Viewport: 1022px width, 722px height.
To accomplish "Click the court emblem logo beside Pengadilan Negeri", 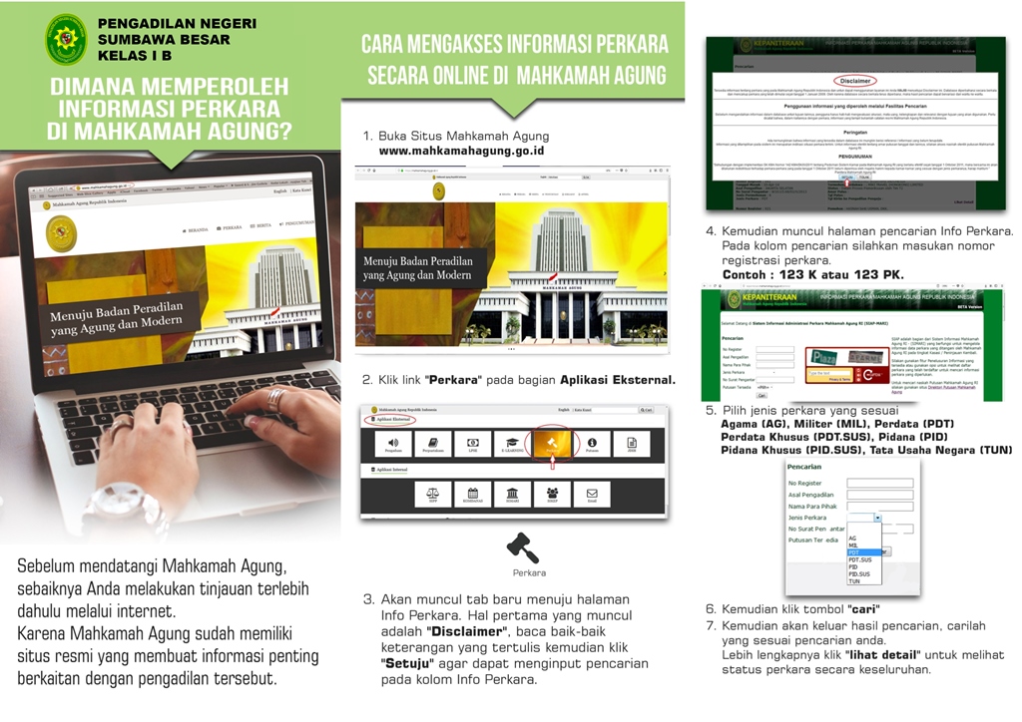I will pos(66,39).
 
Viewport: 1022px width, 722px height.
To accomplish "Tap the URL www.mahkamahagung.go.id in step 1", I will pos(461,152).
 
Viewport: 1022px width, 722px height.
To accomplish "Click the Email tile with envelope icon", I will pos(591,494).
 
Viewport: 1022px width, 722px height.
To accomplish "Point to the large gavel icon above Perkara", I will pos(522,547).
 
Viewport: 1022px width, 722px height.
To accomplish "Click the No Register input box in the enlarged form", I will pos(879,484).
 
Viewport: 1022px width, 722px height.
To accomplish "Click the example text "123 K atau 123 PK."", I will pos(812,273).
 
